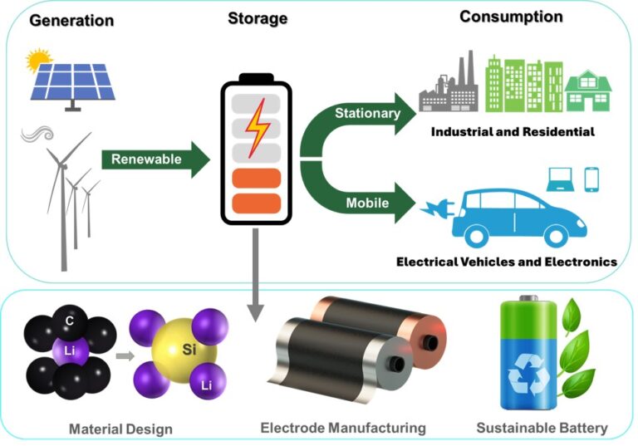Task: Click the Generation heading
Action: [71, 20]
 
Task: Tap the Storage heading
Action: [258, 18]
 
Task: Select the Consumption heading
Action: [511, 17]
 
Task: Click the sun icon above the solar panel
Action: [38, 60]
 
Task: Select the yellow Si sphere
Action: [189, 352]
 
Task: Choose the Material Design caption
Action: [121, 429]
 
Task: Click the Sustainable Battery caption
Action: [542, 429]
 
